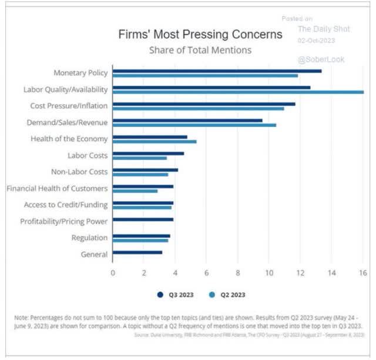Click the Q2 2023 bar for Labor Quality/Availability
click(238, 92)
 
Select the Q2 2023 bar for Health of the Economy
click(155, 142)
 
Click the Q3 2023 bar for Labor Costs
click(148, 154)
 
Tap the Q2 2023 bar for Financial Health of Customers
click(135, 191)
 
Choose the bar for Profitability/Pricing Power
click(143, 219)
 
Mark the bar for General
click(137, 252)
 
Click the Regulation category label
click(89, 238)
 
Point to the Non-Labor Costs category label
click(79, 172)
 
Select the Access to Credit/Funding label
click(66, 205)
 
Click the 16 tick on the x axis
click(362, 272)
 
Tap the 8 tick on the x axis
click(238, 272)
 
